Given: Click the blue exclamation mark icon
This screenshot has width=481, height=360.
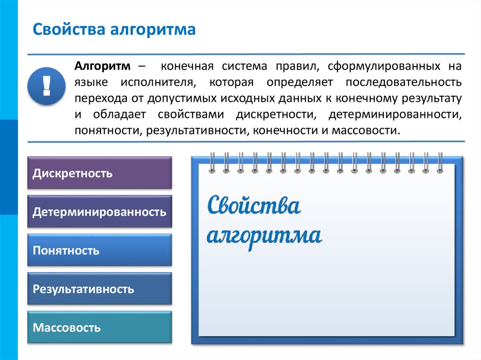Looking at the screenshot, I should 46,86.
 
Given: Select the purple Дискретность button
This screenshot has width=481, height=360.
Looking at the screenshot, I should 100,173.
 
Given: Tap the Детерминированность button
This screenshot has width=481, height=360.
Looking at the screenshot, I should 100,212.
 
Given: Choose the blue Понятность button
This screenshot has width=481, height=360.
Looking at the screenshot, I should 100,250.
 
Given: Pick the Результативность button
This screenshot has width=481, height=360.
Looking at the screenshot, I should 100,289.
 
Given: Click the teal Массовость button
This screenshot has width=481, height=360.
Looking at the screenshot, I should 100,327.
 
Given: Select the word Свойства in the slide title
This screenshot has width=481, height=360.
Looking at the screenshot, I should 69,30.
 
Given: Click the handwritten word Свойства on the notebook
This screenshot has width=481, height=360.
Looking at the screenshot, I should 253,206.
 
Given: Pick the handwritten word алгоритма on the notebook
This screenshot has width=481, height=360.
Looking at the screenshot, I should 264,235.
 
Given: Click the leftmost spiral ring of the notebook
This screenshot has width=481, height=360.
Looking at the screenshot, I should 212,162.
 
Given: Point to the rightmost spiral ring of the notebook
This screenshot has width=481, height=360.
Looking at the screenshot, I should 440,162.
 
